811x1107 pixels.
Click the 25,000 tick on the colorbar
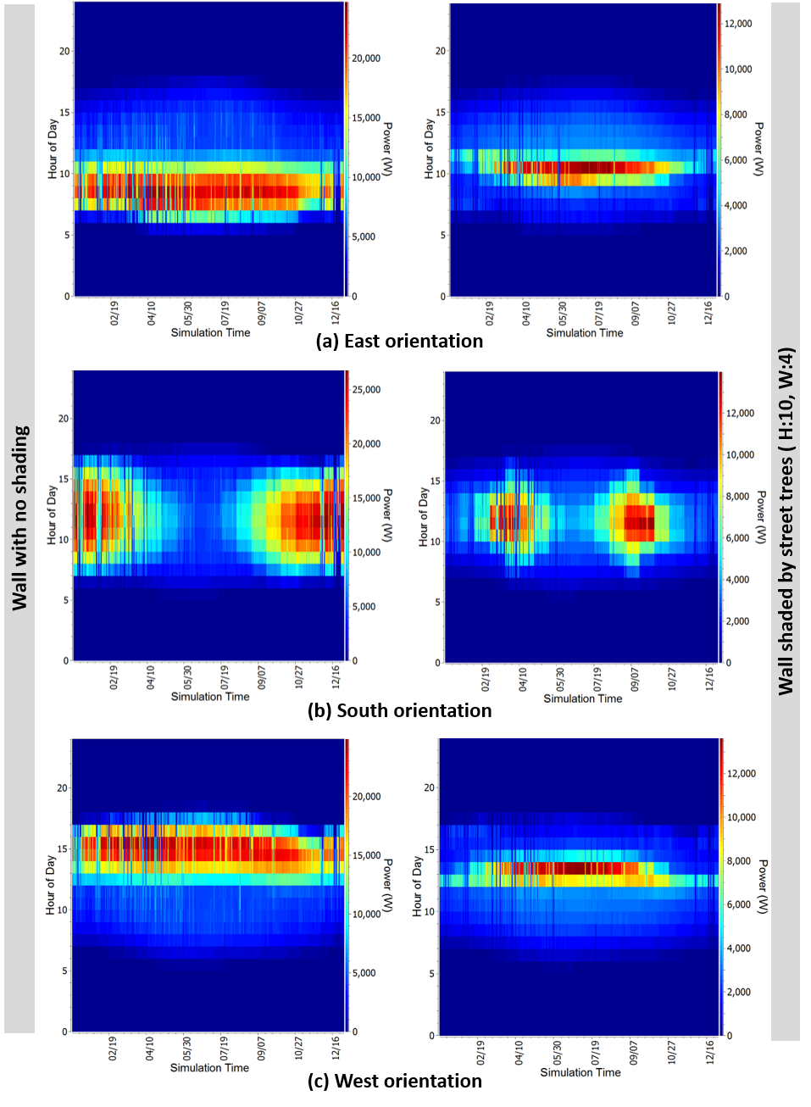pos(367,390)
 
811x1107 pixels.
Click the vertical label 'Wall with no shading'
pos(19,517)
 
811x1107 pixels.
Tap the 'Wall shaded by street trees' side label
pos(786,520)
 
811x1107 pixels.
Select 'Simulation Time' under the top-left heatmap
pos(210,333)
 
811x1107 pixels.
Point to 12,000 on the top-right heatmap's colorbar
pos(738,24)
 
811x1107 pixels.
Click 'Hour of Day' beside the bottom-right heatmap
pos(417,886)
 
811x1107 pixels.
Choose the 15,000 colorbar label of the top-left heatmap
pos(367,118)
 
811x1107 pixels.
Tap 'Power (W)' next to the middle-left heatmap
pos(387,515)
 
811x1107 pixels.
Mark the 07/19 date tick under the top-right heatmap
pos(599,313)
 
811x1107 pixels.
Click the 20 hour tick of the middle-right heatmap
pos(435,420)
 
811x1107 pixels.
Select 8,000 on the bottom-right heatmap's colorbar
pos(739,861)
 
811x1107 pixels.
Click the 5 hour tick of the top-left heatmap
pos(67,236)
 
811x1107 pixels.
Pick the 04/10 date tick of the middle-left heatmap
pos(151,677)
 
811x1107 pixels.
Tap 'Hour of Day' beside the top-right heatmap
pos(429,148)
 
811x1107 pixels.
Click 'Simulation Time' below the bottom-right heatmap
pos(580,1073)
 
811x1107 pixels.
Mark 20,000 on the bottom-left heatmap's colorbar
pos(367,797)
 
